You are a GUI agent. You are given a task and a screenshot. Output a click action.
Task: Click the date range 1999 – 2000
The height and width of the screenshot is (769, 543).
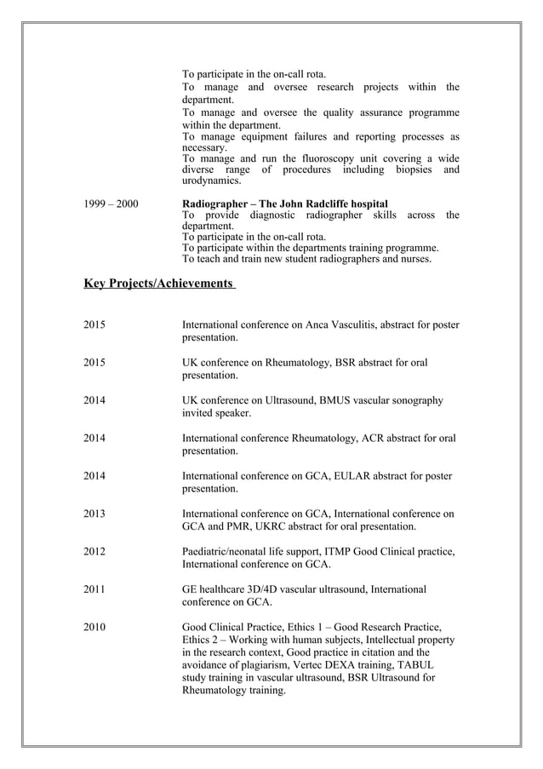[111, 204]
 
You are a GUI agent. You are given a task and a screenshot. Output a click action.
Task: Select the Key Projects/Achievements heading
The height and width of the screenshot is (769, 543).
[158, 282]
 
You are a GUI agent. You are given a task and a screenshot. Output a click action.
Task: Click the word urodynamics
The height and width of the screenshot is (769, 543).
[212, 181]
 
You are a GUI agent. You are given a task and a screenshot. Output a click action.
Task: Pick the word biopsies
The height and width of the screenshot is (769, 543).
[413, 169]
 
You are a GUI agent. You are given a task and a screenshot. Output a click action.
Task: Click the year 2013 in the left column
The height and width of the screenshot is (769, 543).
[94, 514]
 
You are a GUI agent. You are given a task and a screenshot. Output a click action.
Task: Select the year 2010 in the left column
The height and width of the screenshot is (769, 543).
[94, 628]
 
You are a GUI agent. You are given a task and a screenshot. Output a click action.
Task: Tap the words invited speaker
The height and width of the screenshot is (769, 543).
[217, 413]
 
